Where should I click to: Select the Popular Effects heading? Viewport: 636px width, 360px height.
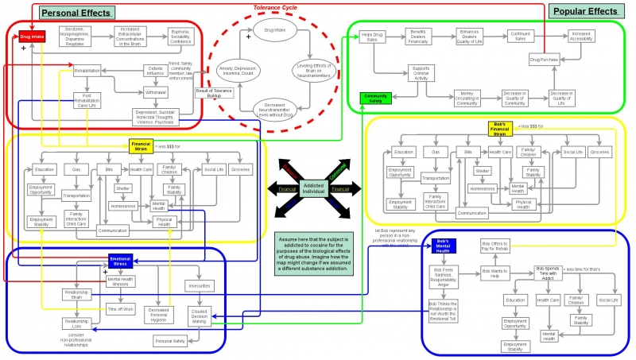[x=584, y=11]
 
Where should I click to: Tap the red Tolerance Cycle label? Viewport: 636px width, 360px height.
[x=277, y=7]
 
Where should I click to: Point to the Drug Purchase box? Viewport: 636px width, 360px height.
[x=545, y=60]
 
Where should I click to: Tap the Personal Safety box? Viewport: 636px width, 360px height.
[x=169, y=340]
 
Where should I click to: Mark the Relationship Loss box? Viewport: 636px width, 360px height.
[x=77, y=323]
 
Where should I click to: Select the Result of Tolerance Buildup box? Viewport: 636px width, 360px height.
[x=213, y=92]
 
